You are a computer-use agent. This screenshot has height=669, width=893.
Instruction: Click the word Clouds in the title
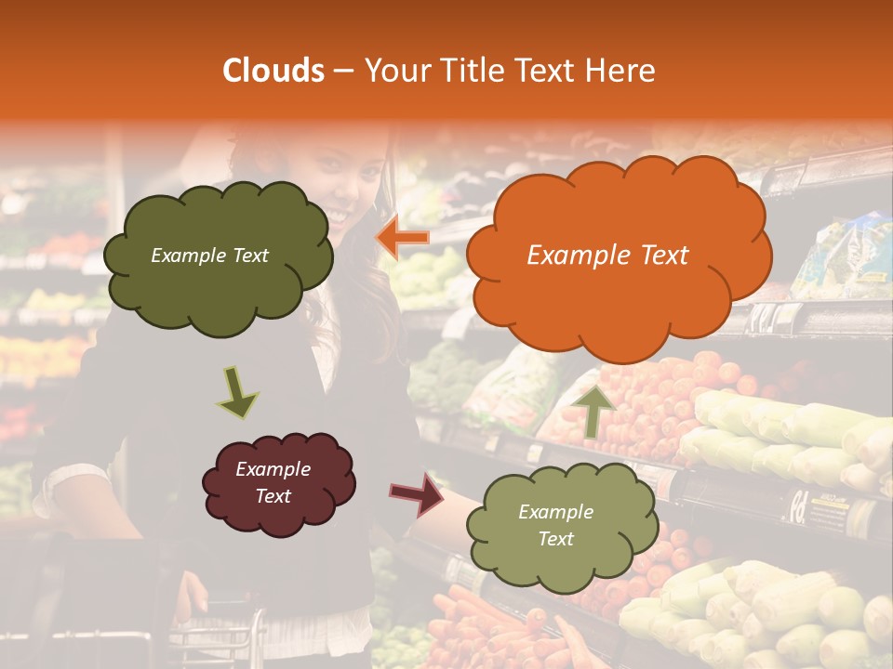tap(273, 71)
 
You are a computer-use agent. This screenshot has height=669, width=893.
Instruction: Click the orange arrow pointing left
tap(402, 239)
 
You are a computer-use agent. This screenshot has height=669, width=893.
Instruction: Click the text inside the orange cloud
tap(607, 256)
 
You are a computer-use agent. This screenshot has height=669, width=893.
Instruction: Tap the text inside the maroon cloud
tap(273, 483)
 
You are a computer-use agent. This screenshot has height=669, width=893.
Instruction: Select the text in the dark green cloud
tap(209, 256)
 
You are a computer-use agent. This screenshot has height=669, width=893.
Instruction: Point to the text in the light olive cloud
tap(555, 525)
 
